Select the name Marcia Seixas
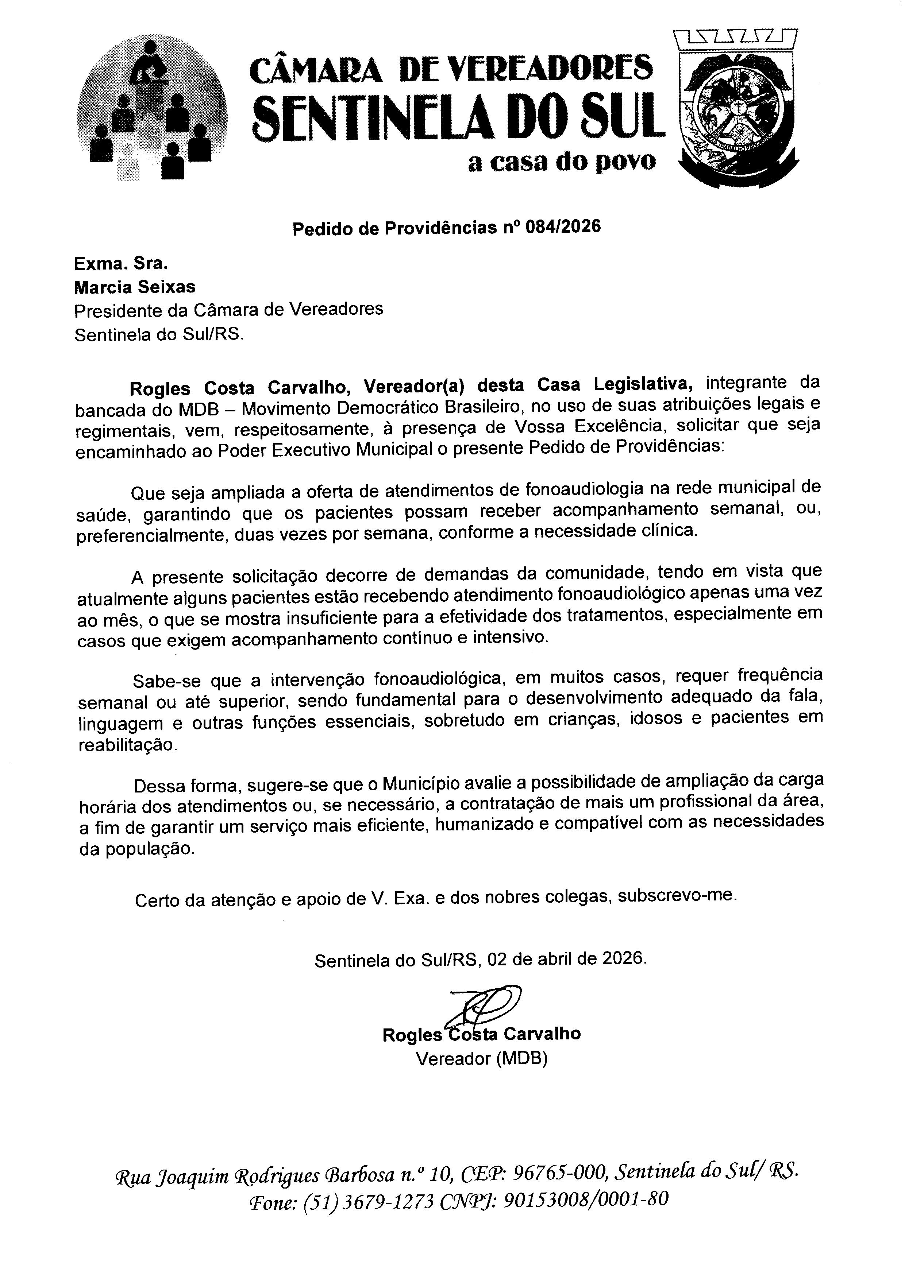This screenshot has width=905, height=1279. (x=135, y=287)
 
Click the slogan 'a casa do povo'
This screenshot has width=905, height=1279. (x=562, y=162)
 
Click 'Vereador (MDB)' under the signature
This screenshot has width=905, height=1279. (x=481, y=1058)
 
